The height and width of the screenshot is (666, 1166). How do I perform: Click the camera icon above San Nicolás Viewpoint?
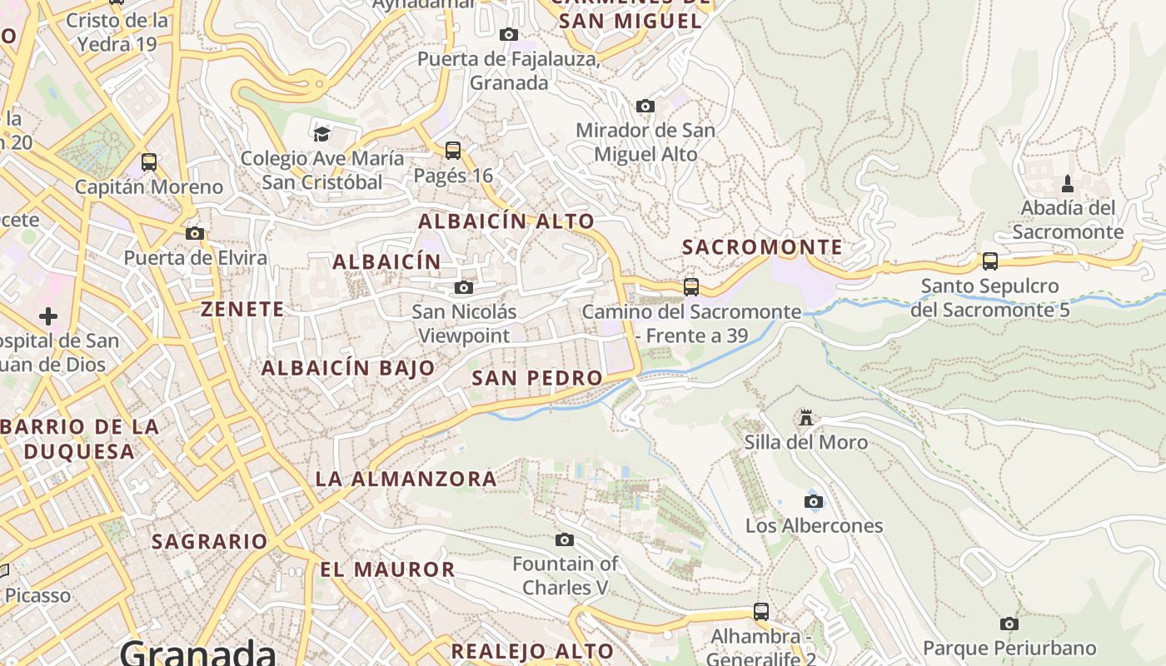pyautogui.click(x=464, y=288)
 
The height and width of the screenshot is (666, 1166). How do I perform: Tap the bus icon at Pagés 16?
pyautogui.click(x=453, y=151)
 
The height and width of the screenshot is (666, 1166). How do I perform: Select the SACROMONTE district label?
pyautogui.click(x=762, y=247)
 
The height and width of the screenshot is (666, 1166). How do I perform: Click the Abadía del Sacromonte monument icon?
pyautogui.click(x=1068, y=184)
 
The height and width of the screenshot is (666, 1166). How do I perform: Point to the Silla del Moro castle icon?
pyautogui.click(x=805, y=417)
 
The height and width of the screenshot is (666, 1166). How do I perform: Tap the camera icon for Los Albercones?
pyautogui.click(x=814, y=501)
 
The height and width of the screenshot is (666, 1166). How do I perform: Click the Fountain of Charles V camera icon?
pyautogui.click(x=565, y=540)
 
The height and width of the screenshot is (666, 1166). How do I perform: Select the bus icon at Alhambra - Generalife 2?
pyautogui.click(x=760, y=612)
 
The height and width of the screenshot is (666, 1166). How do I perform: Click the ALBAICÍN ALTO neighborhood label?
pyautogui.click(x=506, y=221)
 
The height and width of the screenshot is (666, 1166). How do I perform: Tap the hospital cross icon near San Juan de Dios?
pyautogui.click(x=48, y=316)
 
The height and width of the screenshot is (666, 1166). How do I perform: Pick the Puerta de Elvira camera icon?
pyautogui.click(x=195, y=234)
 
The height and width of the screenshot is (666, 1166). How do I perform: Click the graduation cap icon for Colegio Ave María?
pyautogui.click(x=321, y=133)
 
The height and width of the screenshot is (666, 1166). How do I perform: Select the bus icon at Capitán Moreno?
pyautogui.click(x=149, y=162)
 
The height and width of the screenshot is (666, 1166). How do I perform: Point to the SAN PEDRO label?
pyautogui.click(x=537, y=378)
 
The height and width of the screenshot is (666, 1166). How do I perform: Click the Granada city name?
pyautogui.click(x=198, y=652)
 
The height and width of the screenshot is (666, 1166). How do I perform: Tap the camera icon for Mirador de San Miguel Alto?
pyautogui.click(x=645, y=107)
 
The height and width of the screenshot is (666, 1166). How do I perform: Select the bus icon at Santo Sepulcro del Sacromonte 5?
pyautogui.click(x=990, y=261)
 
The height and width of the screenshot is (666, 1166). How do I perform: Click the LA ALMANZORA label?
pyautogui.click(x=406, y=479)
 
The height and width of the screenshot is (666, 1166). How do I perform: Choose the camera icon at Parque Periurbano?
pyautogui.click(x=1009, y=624)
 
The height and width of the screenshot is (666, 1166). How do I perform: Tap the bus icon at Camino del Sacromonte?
pyautogui.click(x=691, y=287)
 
